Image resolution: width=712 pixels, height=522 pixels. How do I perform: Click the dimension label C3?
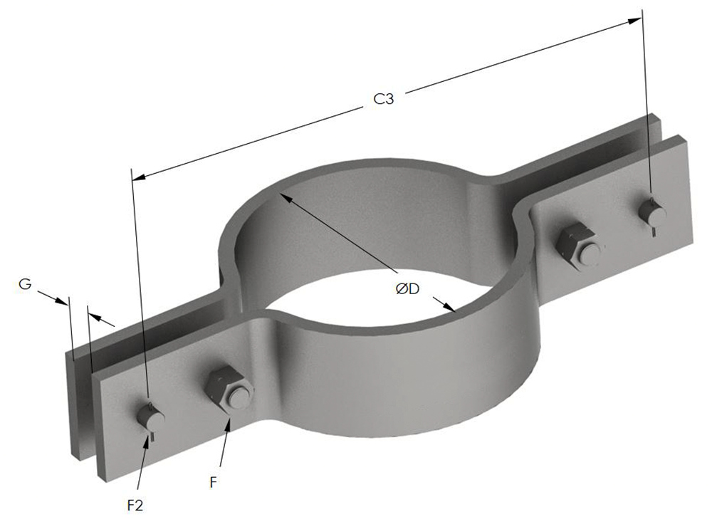point(384,100)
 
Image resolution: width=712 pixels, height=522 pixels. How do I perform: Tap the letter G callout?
point(24,284)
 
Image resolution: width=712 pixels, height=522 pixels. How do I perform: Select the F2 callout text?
point(134,504)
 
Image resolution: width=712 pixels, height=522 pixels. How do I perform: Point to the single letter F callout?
point(213,482)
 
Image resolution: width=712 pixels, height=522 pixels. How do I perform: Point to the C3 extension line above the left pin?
point(140,285)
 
